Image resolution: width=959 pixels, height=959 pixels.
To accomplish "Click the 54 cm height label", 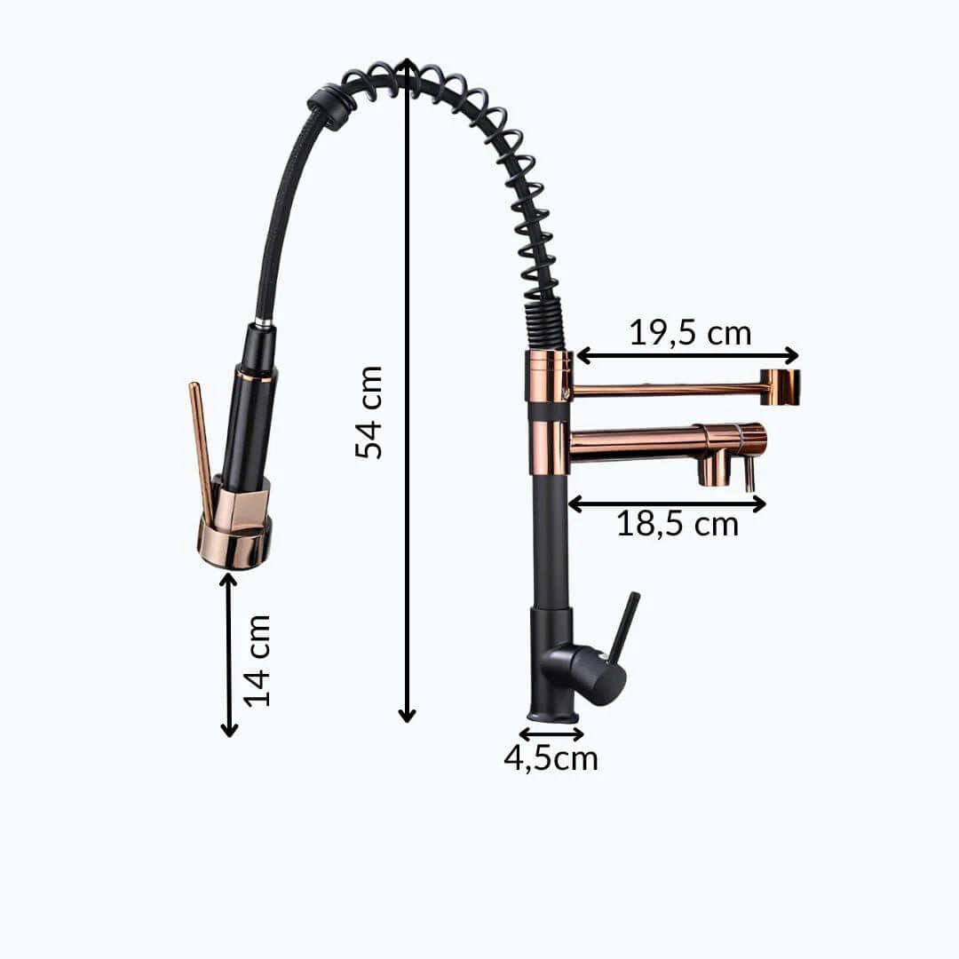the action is tap(369, 412).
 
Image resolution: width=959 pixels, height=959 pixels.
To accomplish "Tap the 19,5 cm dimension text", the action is tap(690, 333).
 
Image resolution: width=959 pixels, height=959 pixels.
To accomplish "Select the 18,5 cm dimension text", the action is tap(677, 524).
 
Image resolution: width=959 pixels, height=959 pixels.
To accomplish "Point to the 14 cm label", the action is tap(258, 661).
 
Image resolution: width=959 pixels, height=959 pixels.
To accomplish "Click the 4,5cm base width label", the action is tap(551, 758).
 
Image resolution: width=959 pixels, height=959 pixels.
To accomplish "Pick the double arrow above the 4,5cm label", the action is tap(551, 733).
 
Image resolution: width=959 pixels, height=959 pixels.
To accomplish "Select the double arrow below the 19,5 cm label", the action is tap(688, 354).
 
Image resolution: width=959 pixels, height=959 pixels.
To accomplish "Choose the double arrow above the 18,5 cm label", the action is tap(667, 504).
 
